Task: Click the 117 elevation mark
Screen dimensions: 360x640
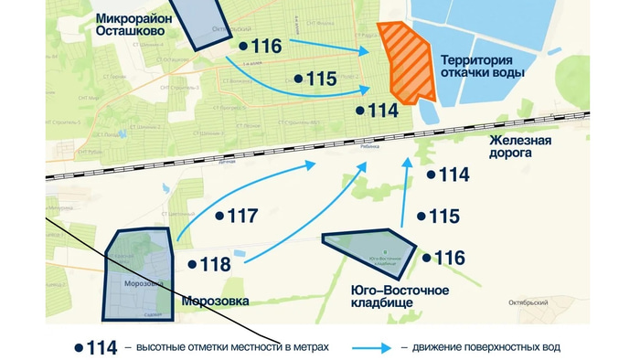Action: pos(237,217)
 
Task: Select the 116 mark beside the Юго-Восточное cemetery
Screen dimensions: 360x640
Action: pos(443,258)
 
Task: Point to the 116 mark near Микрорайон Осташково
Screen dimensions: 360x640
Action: pos(260,46)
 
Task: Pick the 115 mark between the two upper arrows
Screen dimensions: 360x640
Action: pos(315,79)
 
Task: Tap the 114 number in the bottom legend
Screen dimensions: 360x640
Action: pos(98,347)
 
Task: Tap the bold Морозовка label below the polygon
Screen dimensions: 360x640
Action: pos(215,301)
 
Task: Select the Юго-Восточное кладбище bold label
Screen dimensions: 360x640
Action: pos(400,296)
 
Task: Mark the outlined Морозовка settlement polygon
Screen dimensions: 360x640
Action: pos(138,275)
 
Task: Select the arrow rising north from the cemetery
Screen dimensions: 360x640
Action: pos(404,192)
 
